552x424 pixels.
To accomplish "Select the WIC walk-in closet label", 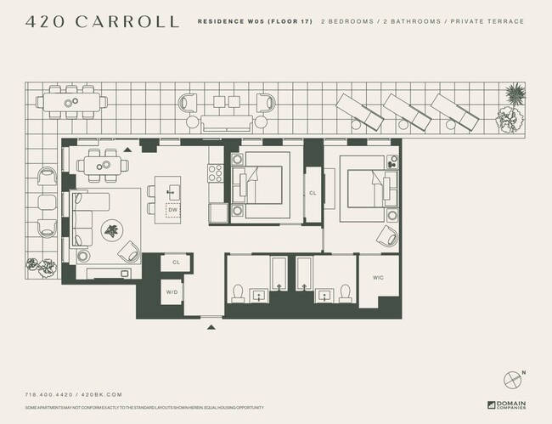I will [379, 277].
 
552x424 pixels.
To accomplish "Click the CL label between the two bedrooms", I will [313, 193].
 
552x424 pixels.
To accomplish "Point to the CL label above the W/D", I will [176, 263].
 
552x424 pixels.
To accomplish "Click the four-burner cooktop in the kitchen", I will [216, 173].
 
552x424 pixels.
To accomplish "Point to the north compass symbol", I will [512, 379].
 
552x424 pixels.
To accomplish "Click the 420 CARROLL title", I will [102, 21].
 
